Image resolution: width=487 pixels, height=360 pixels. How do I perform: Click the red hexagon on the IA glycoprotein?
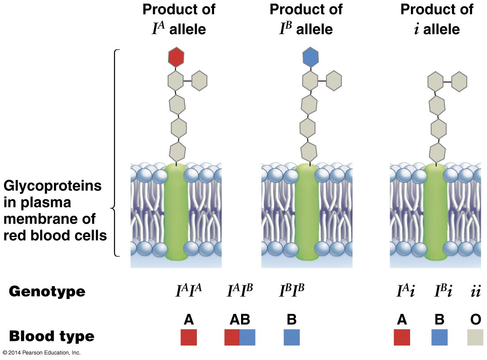coord(176,57)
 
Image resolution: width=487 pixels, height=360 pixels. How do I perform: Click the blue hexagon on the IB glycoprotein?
coord(311,57)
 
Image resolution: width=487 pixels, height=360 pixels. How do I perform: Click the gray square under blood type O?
coord(475,337)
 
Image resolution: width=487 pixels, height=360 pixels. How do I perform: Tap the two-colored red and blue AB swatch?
coord(240,337)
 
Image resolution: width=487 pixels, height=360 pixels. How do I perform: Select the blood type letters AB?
coord(240,319)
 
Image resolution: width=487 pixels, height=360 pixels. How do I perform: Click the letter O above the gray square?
coord(475,319)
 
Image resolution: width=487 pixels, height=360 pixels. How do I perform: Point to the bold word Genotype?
coord(47,291)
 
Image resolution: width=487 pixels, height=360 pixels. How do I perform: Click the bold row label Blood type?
coord(52,337)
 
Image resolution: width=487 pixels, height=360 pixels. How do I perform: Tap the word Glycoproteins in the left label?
coord(53,186)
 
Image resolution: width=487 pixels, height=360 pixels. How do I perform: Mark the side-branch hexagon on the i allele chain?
coord(459,81)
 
